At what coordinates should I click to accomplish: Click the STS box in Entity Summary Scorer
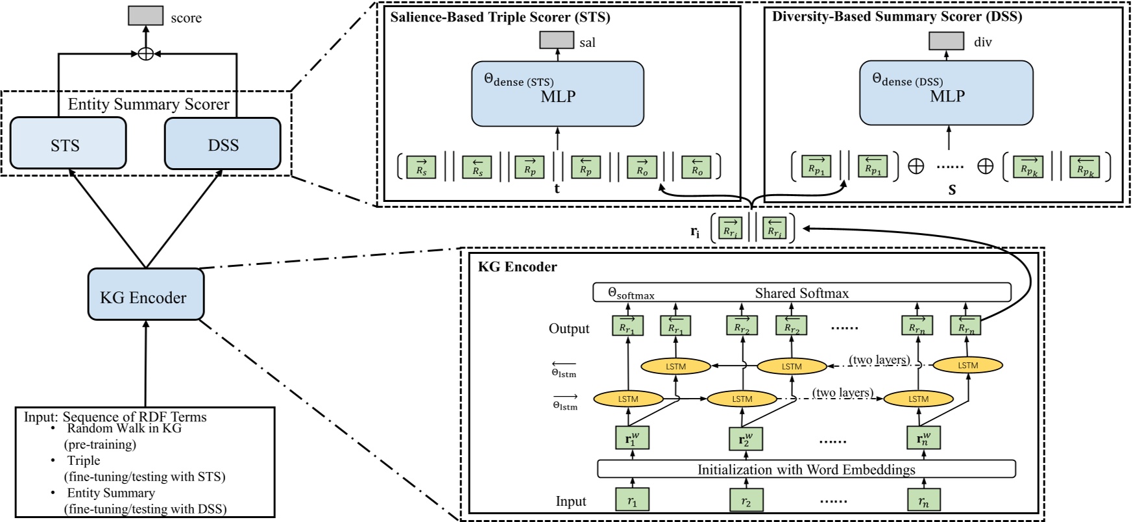pos(68,143)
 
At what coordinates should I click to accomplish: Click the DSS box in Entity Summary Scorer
pos(223,143)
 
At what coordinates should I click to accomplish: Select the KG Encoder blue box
pos(145,295)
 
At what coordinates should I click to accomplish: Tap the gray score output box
pos(145,16)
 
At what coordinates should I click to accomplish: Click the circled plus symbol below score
pos(146,54)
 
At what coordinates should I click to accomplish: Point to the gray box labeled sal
pos(557,40)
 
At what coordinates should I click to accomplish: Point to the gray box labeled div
pos(946,40)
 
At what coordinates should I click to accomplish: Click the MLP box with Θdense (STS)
pos(557,93)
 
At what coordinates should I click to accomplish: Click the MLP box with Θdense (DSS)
pos(946,93)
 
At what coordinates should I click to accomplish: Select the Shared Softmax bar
pos(802,293)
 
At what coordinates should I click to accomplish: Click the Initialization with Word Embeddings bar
pos(806,469)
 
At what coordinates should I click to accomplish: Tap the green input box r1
pos(632,501)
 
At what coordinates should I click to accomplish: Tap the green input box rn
pos(923,501)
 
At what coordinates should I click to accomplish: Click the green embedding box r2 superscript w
pos(745,439)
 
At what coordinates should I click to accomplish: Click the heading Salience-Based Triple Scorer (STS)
pos(500,17)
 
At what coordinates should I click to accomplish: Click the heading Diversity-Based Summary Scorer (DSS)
pos(897,16)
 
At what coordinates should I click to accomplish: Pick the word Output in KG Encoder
pos(569,329)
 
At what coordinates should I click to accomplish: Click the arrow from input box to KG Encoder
pos(145,364)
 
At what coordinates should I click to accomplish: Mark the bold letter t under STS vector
pos(557,189)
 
